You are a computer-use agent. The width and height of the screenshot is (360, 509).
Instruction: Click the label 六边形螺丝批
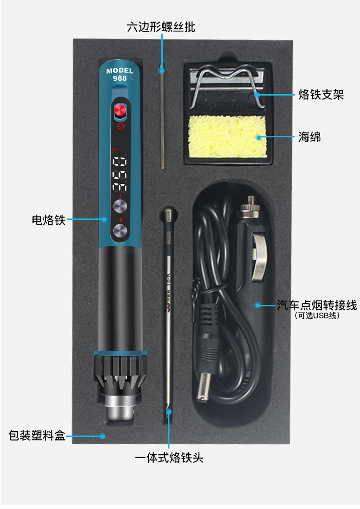point(161,27)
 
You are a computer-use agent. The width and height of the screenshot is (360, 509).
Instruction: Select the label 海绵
point(309,137)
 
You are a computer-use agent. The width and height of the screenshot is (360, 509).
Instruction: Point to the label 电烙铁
point(48,220)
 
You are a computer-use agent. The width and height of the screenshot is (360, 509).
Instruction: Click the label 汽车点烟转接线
point(317,305)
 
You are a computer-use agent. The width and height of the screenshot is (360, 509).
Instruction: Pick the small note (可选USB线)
point(317,315)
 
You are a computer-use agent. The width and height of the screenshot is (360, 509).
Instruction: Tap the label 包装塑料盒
point(37,436)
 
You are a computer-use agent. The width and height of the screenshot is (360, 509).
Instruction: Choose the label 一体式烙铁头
point(169,458)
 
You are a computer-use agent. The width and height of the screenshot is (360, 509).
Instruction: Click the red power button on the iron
point(120,112)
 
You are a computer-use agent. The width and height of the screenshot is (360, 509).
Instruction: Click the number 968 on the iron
point(120,78)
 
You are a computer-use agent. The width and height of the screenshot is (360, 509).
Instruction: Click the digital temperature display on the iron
point(120,174)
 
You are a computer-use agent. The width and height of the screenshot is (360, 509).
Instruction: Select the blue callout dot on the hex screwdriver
point(162,71)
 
